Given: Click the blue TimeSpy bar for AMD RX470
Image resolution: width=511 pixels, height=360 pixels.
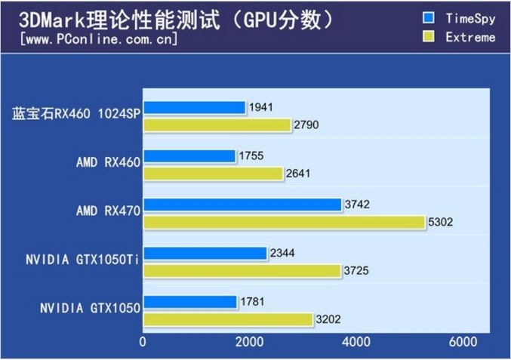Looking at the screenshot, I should (x=242, y=205).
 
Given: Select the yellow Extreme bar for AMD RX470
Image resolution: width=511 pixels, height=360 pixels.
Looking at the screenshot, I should (x=284, y=222).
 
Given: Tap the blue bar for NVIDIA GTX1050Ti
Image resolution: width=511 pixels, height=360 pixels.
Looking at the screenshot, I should (x=205, y=253).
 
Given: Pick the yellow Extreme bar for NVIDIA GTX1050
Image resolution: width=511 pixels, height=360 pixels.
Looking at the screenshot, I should (x=228, y=319).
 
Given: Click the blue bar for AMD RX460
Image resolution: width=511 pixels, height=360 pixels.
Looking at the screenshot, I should (x=189, y=156).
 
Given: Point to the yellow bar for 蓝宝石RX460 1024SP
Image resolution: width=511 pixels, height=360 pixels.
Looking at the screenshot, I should (x=217, y=125).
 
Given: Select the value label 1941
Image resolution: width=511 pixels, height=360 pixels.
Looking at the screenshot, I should (x=261, y=108).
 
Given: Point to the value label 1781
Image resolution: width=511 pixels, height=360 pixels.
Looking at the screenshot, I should (x=252, y=302).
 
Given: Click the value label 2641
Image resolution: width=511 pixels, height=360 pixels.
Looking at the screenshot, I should (x=299, y=174).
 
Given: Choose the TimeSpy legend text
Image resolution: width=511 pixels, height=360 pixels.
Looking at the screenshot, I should (x=470, y=17).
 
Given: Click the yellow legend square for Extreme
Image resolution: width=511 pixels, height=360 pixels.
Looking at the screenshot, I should (x=429, y=35).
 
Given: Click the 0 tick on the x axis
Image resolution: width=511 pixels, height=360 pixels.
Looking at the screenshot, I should (x=143, y=342).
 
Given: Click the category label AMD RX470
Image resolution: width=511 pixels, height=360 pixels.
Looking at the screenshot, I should (x=108, y=212).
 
